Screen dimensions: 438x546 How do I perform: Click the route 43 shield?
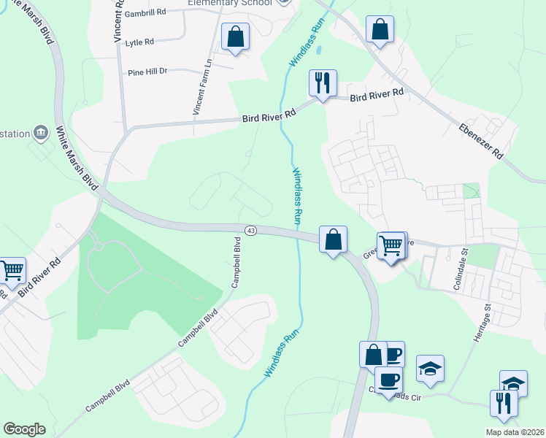pyautogui.click(x=250, y=231)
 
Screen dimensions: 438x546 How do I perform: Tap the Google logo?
pyautogui.click(x=24, y=429)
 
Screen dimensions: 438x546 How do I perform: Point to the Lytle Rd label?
pyautogui.click(x=139, y=42)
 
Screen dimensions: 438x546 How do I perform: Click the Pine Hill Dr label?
pyautogui.click(x=147, y=72)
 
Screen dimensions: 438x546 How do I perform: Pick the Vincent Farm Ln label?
pyautogui.click(x=202, y=87)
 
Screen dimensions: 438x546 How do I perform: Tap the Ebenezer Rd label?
pyautogui.click(x=482, y=141)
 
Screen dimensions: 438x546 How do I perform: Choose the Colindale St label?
pyautogui.click(x=460, y=266)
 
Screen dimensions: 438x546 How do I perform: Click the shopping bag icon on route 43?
pyautogui.click(x=333, y=239)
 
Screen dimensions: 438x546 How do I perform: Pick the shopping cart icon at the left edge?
pyautogui.click(x=11, y=270)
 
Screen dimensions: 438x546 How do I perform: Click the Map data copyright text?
pyautogui.click(x=515, y=432)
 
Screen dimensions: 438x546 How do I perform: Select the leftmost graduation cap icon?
pyautogui.click(x=431, y=369)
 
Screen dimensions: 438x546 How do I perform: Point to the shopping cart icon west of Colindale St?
pyautogui.click(x=391, y=245)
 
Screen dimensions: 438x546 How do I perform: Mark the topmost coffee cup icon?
pyautogui.click(x=393, y=355)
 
